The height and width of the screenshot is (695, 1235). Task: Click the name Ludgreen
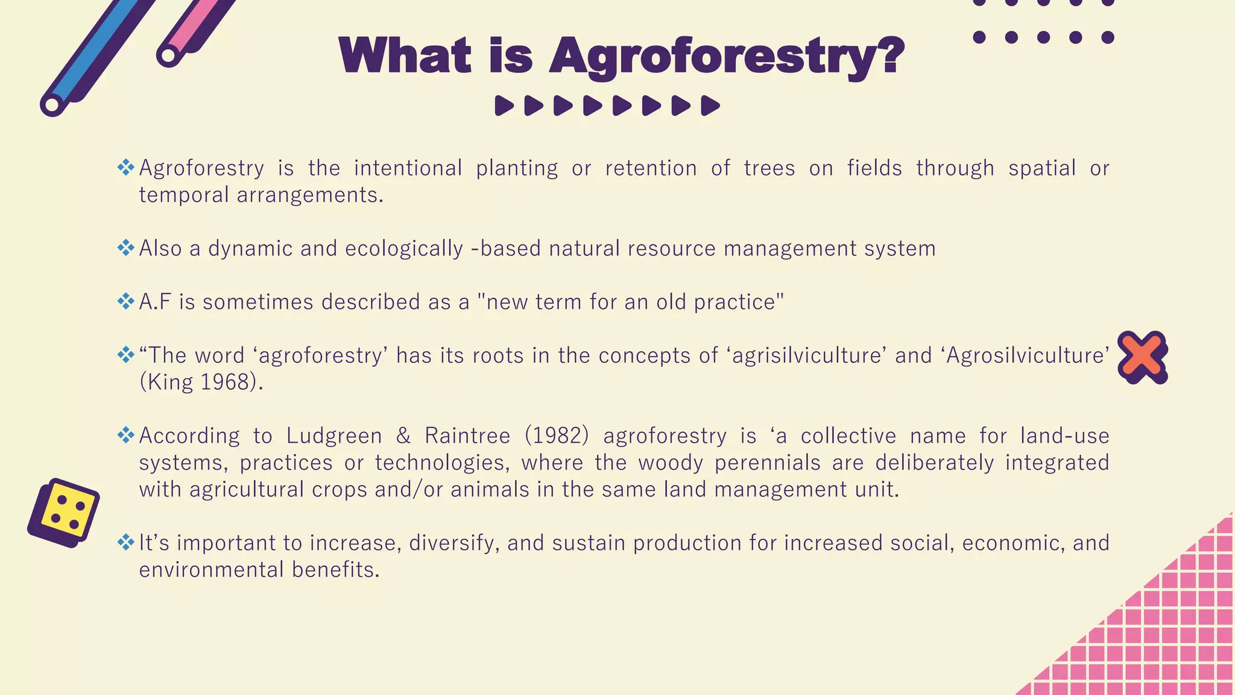[x=333, y=436]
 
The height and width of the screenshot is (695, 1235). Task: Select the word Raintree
[x=467, y=436]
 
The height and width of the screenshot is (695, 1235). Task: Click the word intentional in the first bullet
[x=408, y=168]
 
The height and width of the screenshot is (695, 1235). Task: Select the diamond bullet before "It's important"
[x=125, y=542]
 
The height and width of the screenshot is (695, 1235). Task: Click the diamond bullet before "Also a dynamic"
[x=125, y=247]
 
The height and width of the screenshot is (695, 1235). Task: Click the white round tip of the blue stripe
[x=52, y=104]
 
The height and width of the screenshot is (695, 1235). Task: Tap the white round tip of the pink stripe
[x=168, y=56]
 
